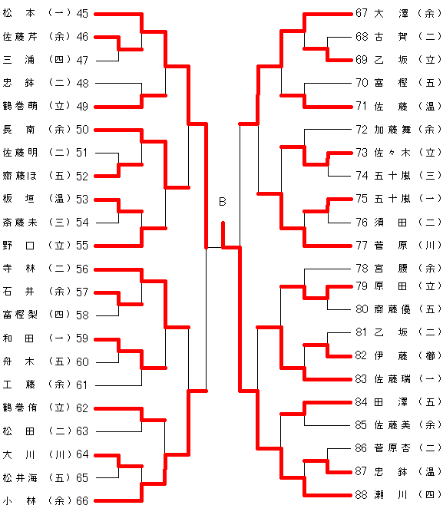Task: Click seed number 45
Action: click(82, 14)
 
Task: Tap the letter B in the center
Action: click(223, 201)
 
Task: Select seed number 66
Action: click(82, 501)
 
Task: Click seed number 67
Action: click(362, 13)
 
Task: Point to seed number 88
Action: click(362, 494)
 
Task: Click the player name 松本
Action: click(18, 13)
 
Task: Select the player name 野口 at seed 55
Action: click(18, 246)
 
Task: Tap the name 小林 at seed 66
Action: click(18, 501)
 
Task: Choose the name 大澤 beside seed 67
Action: click(391, 13)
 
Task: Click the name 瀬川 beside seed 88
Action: click(391, 494)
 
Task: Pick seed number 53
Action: click(82, 199)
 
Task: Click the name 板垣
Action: click(18, 199)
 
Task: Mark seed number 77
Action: click(362, 245)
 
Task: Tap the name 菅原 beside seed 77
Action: click(391, 245)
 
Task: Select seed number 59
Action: click(82, 338)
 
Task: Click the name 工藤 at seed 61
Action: click(18, 385)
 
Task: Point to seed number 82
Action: click(362, 355)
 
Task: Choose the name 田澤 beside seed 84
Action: click(391, 402)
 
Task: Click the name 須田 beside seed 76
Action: click(391, 223)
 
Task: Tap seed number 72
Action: click(362, 130)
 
